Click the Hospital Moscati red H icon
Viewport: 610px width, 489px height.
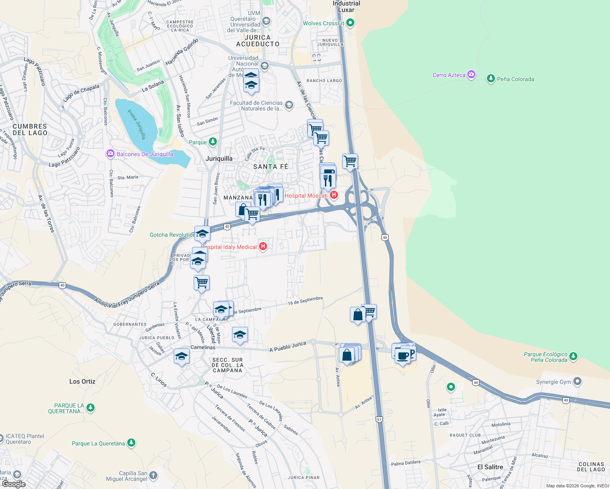point(334,195)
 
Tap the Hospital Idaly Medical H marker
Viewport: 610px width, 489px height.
point(263,246)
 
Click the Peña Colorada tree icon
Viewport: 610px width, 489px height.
point(491,79)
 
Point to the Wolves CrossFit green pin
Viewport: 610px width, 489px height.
point(350,23)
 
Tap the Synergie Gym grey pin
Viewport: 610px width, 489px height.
point(577,381)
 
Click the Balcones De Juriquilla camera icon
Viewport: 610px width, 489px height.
point(111,154)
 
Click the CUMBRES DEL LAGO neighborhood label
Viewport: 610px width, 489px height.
point(30,130)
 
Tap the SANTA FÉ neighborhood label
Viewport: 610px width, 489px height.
point(271,167)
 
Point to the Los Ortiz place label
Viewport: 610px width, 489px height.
point(82,381)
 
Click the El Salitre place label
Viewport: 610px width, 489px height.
point(490,467)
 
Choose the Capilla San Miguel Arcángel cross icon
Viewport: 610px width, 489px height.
point(153,475)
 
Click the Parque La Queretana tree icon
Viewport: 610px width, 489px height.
point(131,443)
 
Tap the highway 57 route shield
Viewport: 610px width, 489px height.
point(380,419)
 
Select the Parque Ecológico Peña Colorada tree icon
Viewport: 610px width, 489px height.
point(573,357)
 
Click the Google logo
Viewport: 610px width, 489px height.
point(13,484)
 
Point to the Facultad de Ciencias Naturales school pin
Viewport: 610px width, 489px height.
point(289,106)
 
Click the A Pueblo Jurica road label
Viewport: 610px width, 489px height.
point(288,347)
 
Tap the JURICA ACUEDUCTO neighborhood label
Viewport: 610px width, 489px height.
point(258,41)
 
